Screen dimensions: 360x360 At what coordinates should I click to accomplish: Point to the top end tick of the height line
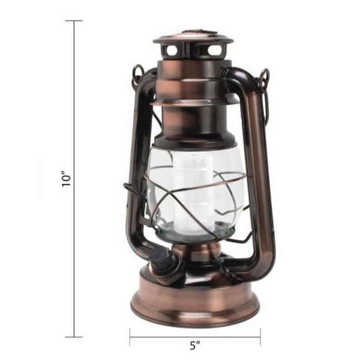point(74,20)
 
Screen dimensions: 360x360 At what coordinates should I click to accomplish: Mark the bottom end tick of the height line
point(74,336)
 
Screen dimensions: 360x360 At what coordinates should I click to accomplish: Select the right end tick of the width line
point(261,337)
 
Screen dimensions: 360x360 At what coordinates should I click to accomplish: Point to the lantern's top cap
point(193,37)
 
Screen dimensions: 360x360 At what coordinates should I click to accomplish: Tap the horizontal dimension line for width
point(161,337)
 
